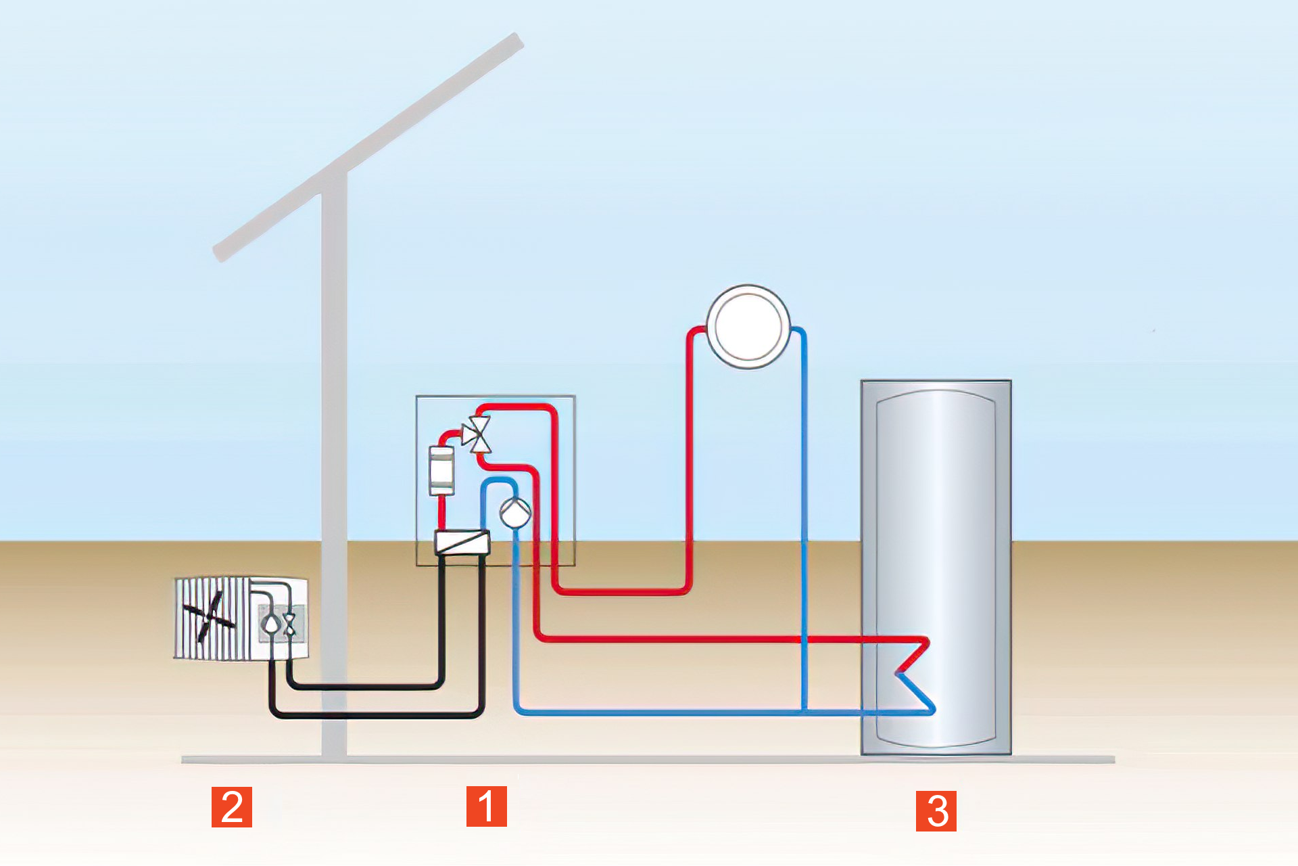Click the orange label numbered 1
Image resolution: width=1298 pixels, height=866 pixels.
coord(486,806)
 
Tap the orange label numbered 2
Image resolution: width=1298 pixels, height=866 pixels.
coord(232,806)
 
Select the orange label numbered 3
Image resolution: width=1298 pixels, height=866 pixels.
coord(936,811)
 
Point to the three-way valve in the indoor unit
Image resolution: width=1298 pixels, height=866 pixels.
coord(477,434)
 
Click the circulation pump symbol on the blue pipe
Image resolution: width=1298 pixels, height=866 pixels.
coord(515,513)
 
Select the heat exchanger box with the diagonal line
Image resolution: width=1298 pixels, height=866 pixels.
coord(462,542)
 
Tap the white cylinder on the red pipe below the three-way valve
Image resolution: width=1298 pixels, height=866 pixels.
coord(442,470)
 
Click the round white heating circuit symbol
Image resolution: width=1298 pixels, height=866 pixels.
coord(748,327)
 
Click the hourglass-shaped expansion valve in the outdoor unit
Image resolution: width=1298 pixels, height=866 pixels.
coord(290,624)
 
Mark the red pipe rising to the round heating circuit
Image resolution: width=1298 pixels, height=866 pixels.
coord(690,460)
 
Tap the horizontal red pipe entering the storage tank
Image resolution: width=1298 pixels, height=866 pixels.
coord(676,638)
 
